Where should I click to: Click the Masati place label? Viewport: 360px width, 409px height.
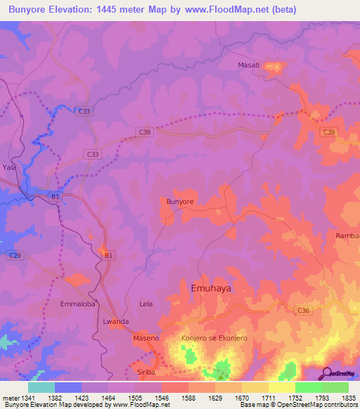[x=249, y=65]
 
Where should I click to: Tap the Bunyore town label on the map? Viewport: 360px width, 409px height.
[x=179, y=202]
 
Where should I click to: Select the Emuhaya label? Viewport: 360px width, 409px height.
[x=211, y=288]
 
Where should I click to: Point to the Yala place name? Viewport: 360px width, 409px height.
[x=8, y=168]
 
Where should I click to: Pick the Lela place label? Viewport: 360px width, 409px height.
[x=146, y=304]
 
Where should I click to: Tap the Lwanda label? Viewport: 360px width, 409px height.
[x=115, y=321]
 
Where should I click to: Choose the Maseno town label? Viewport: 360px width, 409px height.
[x=146, y=339]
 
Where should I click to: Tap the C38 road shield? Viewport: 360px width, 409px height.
[x=304, y=310]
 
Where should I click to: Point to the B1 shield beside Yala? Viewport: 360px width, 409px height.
[x=55, y=197]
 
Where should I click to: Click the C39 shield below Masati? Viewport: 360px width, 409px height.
[x=328, y=132]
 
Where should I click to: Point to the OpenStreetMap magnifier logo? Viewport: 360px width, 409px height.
[x=327, y=372]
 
